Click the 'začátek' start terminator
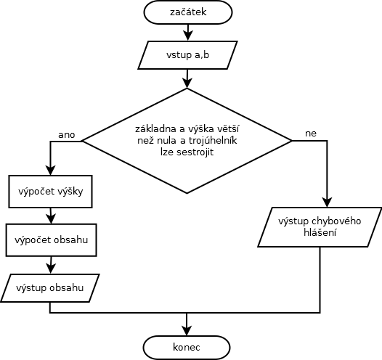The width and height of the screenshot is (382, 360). (188, 12)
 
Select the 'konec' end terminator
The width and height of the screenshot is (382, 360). (187, 348)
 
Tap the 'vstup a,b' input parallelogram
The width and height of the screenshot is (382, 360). (187, 55)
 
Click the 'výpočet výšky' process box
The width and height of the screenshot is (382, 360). (50, 192)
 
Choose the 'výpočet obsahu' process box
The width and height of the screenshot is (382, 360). (51, 240)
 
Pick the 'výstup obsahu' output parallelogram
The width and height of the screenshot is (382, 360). (50, 288)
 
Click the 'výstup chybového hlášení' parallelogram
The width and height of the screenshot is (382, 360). (320, 227)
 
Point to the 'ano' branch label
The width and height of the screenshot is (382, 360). (67, 135)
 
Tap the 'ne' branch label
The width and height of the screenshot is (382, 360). (311, 134)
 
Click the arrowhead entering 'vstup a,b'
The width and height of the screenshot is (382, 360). (187, 36)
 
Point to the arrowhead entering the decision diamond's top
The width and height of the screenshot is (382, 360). (187, 83)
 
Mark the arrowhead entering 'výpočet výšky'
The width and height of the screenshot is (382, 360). (50, 170)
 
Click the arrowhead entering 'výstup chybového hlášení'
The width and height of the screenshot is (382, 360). (327, 202)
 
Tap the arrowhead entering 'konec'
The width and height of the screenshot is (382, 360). (187, 330)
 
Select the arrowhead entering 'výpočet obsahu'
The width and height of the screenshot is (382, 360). (51, 218)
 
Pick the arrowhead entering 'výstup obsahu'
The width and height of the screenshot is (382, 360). (51, 269)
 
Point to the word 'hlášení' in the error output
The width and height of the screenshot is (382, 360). (320, 233)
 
